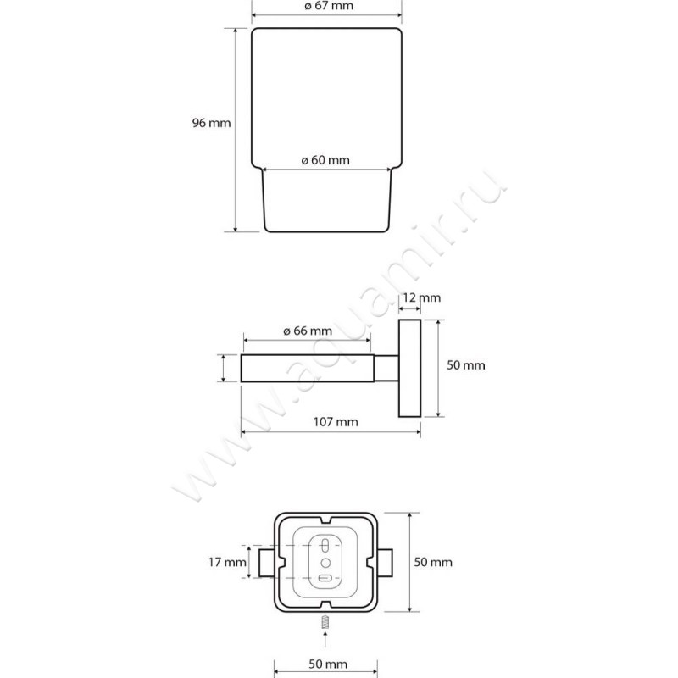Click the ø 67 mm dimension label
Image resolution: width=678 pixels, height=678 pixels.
(329, 6)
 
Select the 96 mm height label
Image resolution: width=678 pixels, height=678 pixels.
(211, 123)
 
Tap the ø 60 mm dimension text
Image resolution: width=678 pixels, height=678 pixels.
(325, 160)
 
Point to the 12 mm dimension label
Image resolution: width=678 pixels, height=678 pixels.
(421, 298)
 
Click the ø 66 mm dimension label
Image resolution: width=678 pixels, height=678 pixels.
(308, 331)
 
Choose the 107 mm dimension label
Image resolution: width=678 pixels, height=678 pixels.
(336, 422)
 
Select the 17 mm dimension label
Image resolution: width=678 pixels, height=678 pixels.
(227, 562)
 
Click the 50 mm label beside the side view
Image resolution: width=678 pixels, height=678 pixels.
(465, 365)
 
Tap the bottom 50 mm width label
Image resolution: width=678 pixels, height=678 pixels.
(328, 664)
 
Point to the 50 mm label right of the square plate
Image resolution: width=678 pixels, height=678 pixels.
(433, 562)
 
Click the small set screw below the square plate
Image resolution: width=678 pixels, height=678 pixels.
(325, 623)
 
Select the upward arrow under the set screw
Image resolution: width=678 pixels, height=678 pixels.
(325, 640)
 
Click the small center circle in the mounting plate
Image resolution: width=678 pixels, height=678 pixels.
(326, 563)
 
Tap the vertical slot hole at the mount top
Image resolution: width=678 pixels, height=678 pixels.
(326, 545)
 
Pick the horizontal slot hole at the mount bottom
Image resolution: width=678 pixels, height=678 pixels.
(325, 579)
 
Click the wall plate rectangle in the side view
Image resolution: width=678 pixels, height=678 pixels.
(409, 369)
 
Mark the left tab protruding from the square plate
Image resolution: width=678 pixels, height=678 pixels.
(266, 563)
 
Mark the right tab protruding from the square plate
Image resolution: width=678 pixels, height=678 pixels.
(385, 563)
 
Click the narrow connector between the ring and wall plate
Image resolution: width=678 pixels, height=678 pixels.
(386, 369)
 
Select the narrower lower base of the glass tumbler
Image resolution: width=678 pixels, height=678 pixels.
(327, 201)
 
